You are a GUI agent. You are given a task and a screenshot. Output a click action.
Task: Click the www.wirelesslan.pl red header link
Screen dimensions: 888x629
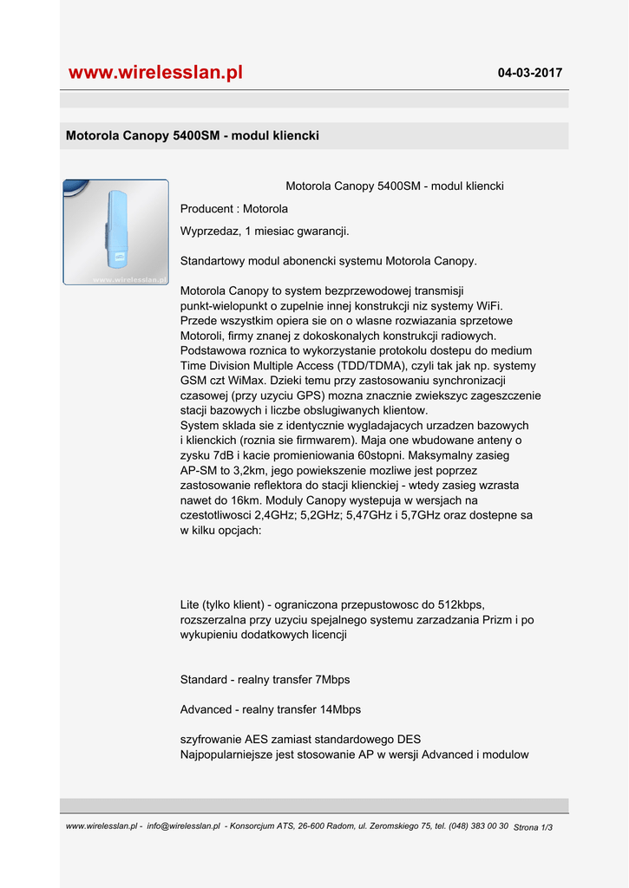click(155, 73)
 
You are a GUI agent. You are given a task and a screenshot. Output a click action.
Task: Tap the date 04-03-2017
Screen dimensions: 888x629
click(529, 73)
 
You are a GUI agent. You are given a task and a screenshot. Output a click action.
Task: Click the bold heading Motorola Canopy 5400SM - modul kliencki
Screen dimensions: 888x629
click(193, 136)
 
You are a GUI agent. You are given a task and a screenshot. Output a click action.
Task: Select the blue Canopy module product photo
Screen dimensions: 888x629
click(115, 232)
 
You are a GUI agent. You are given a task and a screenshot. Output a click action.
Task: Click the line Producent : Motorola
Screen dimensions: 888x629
click(233, 209)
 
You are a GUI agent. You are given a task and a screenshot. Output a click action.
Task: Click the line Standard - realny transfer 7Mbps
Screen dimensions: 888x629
click(265, 680)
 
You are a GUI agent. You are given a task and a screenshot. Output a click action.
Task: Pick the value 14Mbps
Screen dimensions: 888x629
click(340, 709)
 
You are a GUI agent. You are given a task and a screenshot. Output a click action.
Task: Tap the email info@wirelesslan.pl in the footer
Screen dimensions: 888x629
click(184, 826)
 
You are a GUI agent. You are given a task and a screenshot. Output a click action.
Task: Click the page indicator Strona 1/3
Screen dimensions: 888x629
click(533, 828)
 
